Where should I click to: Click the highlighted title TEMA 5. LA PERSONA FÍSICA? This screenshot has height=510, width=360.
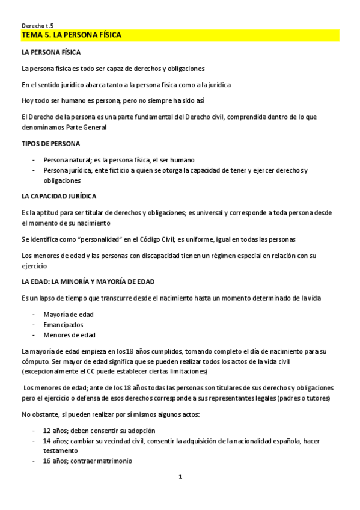(x=71, y=36)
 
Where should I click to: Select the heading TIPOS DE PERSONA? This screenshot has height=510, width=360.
(x=50, y=144)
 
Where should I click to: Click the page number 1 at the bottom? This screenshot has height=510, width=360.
(x=180, y=477)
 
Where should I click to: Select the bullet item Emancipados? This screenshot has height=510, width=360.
(x=63, y=325)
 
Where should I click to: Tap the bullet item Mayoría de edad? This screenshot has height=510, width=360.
(x=69, y=315)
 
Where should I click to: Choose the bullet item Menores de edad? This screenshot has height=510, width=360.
(x=69, y=335)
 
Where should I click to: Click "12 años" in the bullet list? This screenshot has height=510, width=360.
(x=55, y=431)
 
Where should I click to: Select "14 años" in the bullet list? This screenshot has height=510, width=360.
(x=55, y=441)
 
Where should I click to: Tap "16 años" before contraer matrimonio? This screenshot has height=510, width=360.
(x=55, y=461)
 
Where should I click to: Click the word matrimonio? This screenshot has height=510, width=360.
(x=115, y=461)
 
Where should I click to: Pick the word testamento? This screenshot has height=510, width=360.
(x=60, y=451)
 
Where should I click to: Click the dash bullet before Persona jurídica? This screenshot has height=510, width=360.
(x=33, y=171)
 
